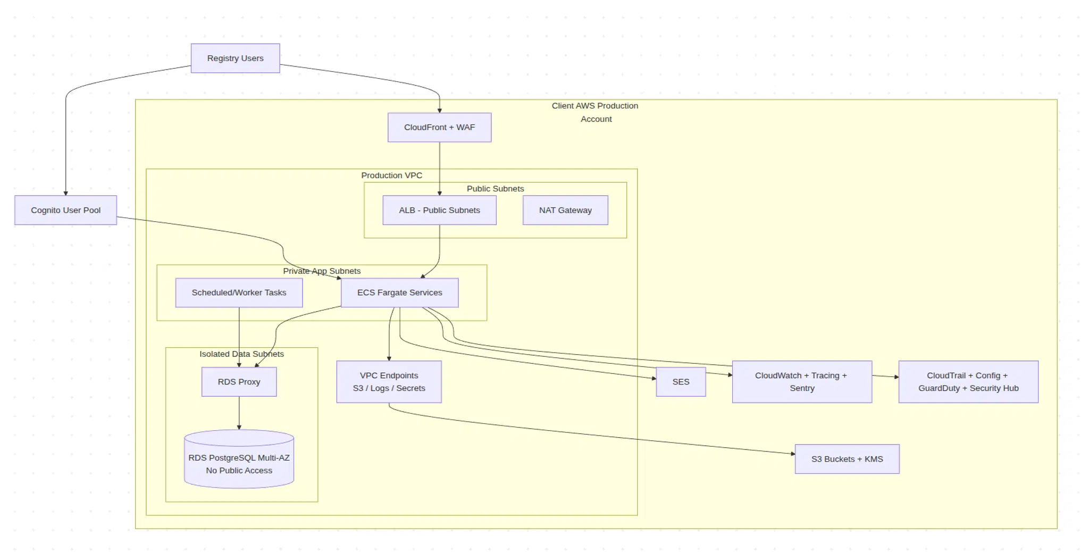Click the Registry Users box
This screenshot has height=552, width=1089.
[235, 58]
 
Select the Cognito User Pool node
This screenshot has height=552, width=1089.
[65, 210]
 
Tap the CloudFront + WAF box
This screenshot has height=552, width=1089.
[439, 127]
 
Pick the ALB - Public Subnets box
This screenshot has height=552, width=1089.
[439, 210]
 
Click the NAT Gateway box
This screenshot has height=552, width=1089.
[565, 210]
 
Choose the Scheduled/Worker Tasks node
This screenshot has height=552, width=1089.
[239, 292]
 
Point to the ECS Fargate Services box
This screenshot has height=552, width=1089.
[399, 292]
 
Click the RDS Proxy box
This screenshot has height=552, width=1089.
[239, 382]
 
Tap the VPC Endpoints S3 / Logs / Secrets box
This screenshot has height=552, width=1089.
[389, 382]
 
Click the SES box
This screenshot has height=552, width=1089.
[681, 382]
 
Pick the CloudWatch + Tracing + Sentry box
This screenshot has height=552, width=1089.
[802, 382]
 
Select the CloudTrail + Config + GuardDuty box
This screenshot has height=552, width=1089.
[968, 382]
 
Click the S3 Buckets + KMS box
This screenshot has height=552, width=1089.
[847, 459]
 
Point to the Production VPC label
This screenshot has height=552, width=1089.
[391, 175]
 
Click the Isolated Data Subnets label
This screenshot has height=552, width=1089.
[241, 354]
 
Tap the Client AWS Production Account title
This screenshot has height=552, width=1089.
[595, 112]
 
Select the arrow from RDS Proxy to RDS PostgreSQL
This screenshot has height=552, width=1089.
[239, 413]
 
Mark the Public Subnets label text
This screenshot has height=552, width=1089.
[495, 189]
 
